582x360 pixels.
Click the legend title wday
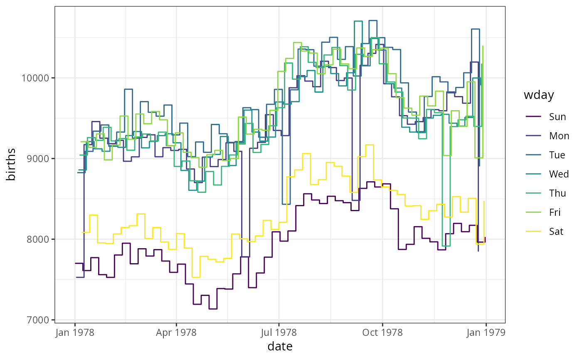coord(539,95)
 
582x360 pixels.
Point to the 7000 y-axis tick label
coord(40,320)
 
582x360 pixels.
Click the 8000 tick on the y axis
coord(40,239)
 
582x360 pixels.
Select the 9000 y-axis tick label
coord(40,159)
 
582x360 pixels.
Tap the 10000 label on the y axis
coord(38,78)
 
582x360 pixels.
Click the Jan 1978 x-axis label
coord(75,333)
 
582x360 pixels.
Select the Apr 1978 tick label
coord(176,333)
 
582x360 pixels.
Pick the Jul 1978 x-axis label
coord(279,333)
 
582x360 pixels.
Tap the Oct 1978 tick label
coord(382,333)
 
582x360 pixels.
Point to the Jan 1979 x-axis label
coord(486,333)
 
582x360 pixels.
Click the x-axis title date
coord(280,346)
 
